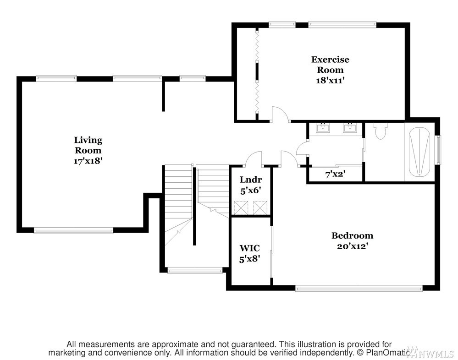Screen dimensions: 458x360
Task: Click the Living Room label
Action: pos(88,145)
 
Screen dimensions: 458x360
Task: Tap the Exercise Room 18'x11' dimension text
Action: pos(330,80)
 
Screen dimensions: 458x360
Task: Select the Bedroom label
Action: pos(352,235)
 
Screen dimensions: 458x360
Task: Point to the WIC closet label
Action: pos(250,248)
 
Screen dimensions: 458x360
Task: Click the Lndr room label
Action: pos(251,180)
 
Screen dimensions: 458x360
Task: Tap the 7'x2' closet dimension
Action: pos(335,175)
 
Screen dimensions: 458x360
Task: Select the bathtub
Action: pos(419,152)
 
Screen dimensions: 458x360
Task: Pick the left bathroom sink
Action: pos(323,127)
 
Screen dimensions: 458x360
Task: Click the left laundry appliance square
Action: pos(241,208)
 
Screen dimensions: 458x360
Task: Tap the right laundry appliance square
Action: pos(260,208)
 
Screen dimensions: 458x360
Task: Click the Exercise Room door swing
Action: pos(280,114)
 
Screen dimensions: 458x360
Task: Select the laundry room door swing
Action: pos(254,159)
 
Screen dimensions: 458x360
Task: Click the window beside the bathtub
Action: pos(438,150)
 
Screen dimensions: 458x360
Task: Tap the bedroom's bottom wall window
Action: pos(359,289)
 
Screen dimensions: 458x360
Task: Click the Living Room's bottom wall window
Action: pos(73,231)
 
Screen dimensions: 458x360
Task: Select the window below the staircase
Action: pos(195,271)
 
